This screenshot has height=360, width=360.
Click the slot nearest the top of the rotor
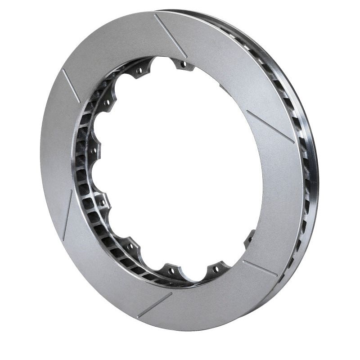170,35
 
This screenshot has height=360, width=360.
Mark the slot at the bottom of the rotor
154,305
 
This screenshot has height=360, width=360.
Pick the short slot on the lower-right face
260,268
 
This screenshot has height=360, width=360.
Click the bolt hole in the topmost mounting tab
183,65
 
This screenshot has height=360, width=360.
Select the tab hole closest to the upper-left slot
107,103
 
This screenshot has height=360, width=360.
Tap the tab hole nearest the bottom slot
171,270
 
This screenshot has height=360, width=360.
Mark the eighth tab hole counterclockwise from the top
215,269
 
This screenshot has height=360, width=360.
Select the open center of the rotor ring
180,171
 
